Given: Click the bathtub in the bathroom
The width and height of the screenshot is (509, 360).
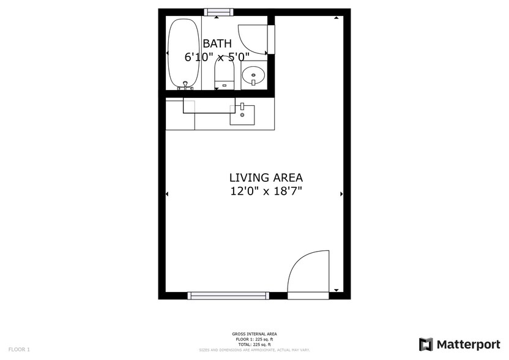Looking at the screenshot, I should pyautogui.click(x=184, y=54).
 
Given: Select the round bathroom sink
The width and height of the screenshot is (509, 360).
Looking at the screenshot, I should pyautogui.click(x=253, y=77).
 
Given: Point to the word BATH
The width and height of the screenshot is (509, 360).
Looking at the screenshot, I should pyautogui.click(x=217, y=43).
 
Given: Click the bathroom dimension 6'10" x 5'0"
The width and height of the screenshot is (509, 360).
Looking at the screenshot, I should pyautogui.click(x=217, y=57).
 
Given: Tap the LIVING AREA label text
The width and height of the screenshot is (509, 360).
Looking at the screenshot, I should pyautogui.click(x=266, y=178).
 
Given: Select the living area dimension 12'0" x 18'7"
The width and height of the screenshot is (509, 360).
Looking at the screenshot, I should pyautogui.click(x=266, y=192).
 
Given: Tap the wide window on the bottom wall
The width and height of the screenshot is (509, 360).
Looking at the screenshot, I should pyautogui.click(x=228, y=296).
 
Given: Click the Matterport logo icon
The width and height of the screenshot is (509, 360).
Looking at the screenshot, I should pyautogui.click(x=426, y=344).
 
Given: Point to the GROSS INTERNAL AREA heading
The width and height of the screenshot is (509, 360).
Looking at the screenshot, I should pyautogui.click(x=254, y=334).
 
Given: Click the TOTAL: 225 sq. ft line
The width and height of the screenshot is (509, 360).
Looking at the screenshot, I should pyautogui.click(x=254, y=343).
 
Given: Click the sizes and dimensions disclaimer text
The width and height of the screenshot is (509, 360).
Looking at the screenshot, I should pyautogui.click(x=254, y=350).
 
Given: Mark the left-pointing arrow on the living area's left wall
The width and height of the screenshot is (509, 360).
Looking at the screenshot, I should pyautogui.click(x=168, y=194).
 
